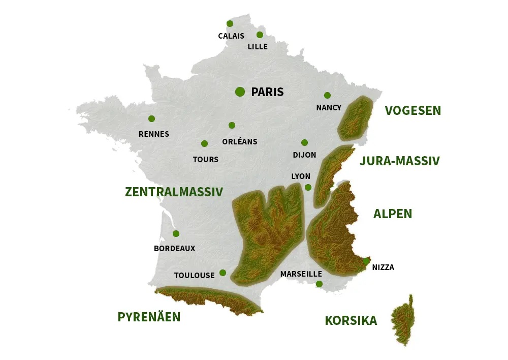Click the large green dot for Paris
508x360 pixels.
click(x=240, y=92)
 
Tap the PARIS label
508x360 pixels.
click(x=267, y=92)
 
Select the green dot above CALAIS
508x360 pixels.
click(x=230, y=23)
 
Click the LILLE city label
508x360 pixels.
click(x=258, y=47)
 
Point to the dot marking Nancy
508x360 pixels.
click(x=327, y=95)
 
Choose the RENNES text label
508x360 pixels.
click(x=154, y=134)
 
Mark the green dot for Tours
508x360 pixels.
click(x=204, y=143)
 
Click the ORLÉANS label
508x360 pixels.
click(x=240, y=141)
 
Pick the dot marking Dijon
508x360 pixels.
click(x=304, y=142)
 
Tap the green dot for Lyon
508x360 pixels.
click(x=308, y=187)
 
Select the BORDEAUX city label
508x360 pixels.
click(x=174, y=249)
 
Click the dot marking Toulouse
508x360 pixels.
click(x=223, y=273)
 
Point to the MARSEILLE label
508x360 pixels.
click(x=301, y=274)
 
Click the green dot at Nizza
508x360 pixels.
click(x=366, y=261)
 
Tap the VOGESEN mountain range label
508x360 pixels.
click(x=413, y=110)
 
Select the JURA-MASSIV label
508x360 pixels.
click(x=399, y=161)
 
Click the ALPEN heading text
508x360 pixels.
click(x=393, y=214)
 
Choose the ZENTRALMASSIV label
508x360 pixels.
click(x=174, y=192)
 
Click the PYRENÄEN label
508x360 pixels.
click(x=149, y=317)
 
